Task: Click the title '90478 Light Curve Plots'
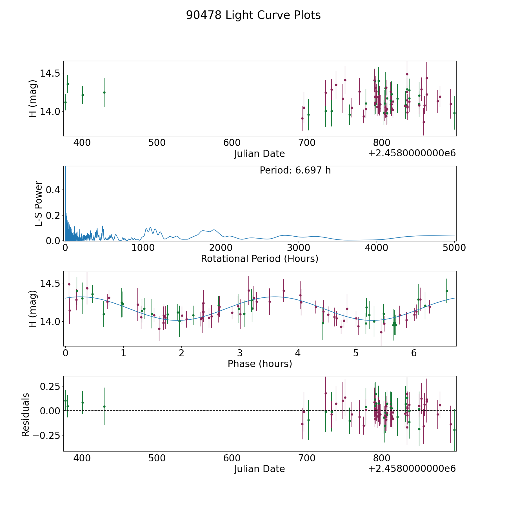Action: pyautogui.click(x=253, y=15)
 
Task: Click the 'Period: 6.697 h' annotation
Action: pyautogui.click(x=295, y=170)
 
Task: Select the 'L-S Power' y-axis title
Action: pyautogui.click(x=39, y=204)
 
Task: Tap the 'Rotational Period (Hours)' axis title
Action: pyautogui.click(x=259, y=259)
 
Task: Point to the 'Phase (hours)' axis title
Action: pyautogui.click(x=260, y=364)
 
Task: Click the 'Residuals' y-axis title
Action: pyautogui.click(x=26, y=415)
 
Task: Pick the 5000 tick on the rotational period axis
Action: pyautogui.click(x=454, y=248)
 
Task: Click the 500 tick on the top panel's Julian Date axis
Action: pyautogui.click(x=157, y=143)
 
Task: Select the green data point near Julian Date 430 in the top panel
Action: pyautogui.click(x=104, y=92)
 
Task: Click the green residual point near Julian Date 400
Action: pyautogui.click(x=83, y=403)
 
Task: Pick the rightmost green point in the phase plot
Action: pyautogui.click(x=446, y=291)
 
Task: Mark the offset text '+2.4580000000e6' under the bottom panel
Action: pyautogui.click(x=412, y=468)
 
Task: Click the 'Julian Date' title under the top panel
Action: pyautogui.click(x=259, y=154)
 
